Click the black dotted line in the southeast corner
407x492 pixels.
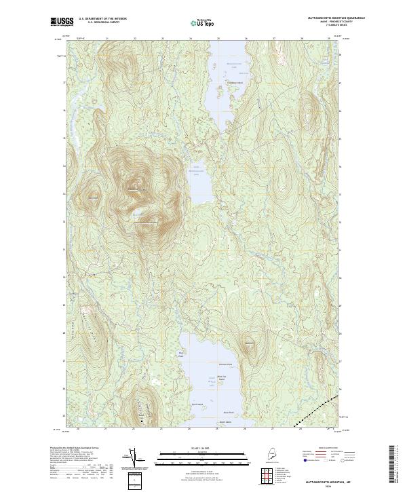(x=315, y=410)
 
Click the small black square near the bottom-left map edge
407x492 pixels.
(x=141, y=422)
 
